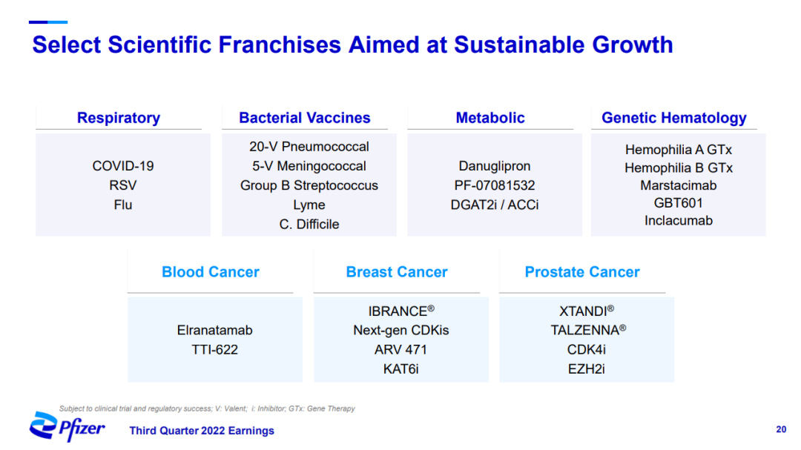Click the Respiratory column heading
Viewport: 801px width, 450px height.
click(119, 118)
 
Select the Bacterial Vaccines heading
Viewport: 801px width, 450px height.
click(305, 118)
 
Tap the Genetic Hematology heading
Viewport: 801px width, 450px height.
click(673, 118)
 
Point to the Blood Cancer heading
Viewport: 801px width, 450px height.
click(211, 272)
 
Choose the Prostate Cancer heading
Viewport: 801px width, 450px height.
click(582, 272)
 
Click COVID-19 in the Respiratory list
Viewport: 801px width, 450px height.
click(123, 166)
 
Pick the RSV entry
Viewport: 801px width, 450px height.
click(123, 185)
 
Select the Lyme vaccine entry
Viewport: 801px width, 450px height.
click(309, 205)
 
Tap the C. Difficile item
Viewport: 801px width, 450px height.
click(309, 224)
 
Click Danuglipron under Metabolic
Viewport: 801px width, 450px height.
click(495, 167)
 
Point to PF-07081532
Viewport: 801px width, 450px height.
click(495, 185)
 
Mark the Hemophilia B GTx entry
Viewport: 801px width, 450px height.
click(679, 168)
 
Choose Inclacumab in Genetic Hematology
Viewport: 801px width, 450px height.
click(679, 221)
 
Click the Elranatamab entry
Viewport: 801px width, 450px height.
click(214, 331)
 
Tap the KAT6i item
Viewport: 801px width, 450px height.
click(401, 369)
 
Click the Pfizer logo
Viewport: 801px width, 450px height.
click(67, 426)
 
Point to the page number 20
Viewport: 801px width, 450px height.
click(781, 429)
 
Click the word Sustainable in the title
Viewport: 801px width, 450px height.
click(519, 45)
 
